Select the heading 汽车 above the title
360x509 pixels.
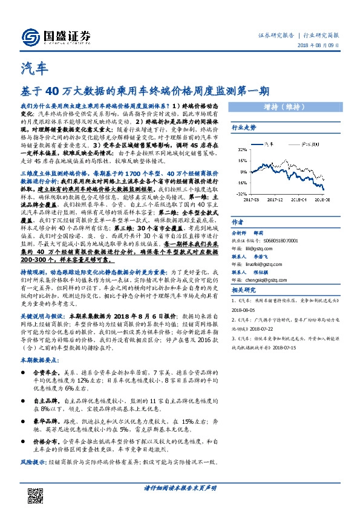pos(31,68)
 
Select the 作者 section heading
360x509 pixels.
pos(238,221)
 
